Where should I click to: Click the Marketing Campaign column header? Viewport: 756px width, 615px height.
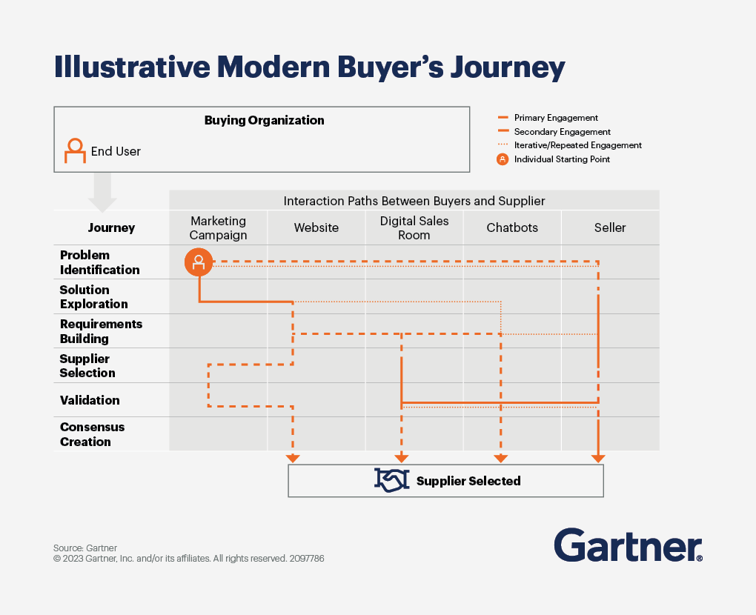pyautogui.click(x=218, y=228)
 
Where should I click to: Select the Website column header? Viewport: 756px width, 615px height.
pyautogui.click(x=316, y=227)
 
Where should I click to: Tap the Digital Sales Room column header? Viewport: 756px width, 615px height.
pyautogui.click(x=414, y=228)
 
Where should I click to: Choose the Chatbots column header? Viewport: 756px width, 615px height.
pyautogui.click(x=512, y=227)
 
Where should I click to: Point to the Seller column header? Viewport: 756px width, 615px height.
pyautogui.click(x=610, y=227)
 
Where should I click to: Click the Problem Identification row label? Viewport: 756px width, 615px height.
pyautogui.click(x=100, y=262)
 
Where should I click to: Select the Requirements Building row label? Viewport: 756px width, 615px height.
pyautogui.click(x=102, y=331)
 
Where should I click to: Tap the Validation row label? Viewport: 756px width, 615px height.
pyautogui.click(x=90, y=400)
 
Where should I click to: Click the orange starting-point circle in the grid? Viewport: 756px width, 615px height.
pyautogui.click(x=199, y=262)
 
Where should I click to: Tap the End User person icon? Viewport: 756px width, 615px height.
pyautogui.click(x=75, y=151)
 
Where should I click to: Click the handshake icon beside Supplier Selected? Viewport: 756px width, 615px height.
pyautogui.click(x=391, y=481)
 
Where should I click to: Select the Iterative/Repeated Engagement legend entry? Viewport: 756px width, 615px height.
pyautogui.click(x=569, y=145)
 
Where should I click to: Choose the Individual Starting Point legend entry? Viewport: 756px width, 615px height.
pyautogui.click(x=554, y=159)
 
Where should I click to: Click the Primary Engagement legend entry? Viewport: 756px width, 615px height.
pyautogui.click(x=548, y=118)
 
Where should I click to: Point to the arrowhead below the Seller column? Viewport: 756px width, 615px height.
pyautogui.click(x=598, y=459)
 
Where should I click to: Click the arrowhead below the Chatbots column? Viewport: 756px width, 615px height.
pyautogui.click(x=501, y=459)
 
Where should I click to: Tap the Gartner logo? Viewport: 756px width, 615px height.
pyautogui.click(x=629, y=545)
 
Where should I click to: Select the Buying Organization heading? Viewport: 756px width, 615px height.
pyautogui.click(x=264, y=121)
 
